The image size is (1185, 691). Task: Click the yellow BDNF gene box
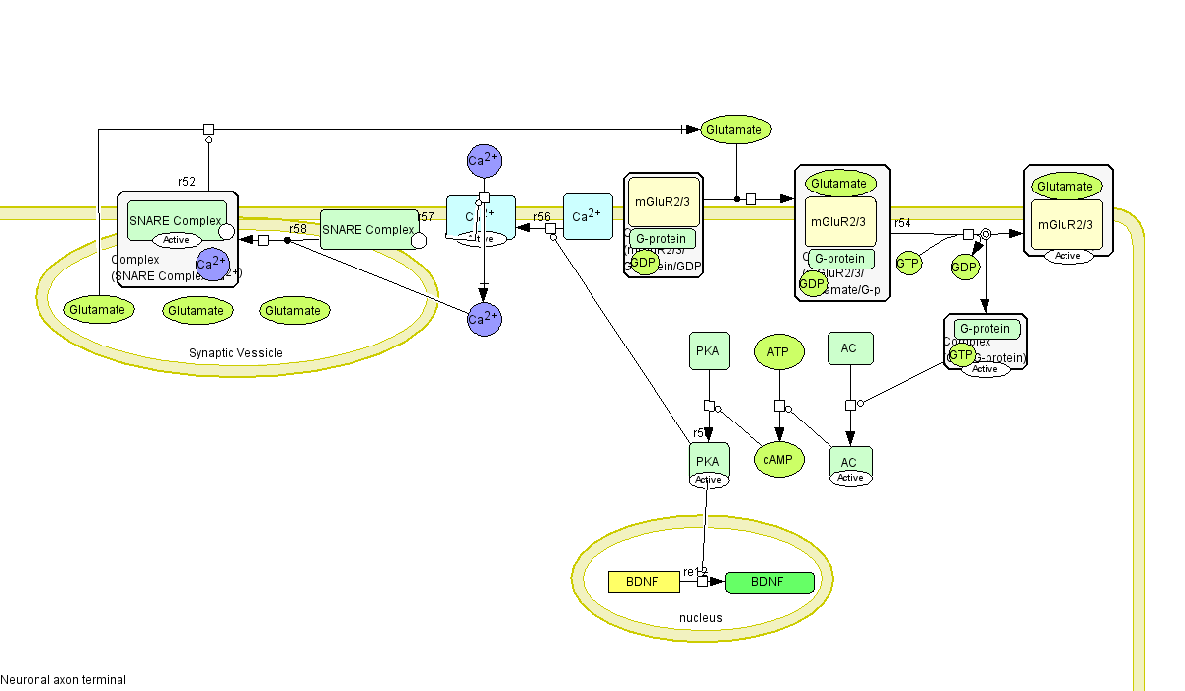[644, 582]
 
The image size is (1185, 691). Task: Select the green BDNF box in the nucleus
[769, 582]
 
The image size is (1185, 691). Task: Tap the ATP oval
[778, 351]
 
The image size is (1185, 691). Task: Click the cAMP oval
[779, 459]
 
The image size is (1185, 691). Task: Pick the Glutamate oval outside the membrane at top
[736, 129]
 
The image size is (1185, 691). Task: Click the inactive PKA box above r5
[708, 351]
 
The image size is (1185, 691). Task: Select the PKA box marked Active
[708, 461]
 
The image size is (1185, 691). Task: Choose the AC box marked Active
[849, 462]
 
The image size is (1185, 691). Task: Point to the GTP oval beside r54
[908, 264]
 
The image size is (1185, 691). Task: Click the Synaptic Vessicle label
[236, 353]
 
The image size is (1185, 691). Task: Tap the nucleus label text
[700, 618]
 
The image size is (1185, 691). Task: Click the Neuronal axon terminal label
[63, 680]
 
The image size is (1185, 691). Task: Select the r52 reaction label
[187, 182]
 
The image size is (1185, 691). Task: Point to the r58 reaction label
[298, 229]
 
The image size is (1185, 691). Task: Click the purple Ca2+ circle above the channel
[484, 160]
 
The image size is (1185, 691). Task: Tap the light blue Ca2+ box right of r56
[588, 216]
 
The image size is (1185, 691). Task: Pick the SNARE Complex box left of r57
[368, 230]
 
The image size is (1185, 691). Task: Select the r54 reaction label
[903, 224]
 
